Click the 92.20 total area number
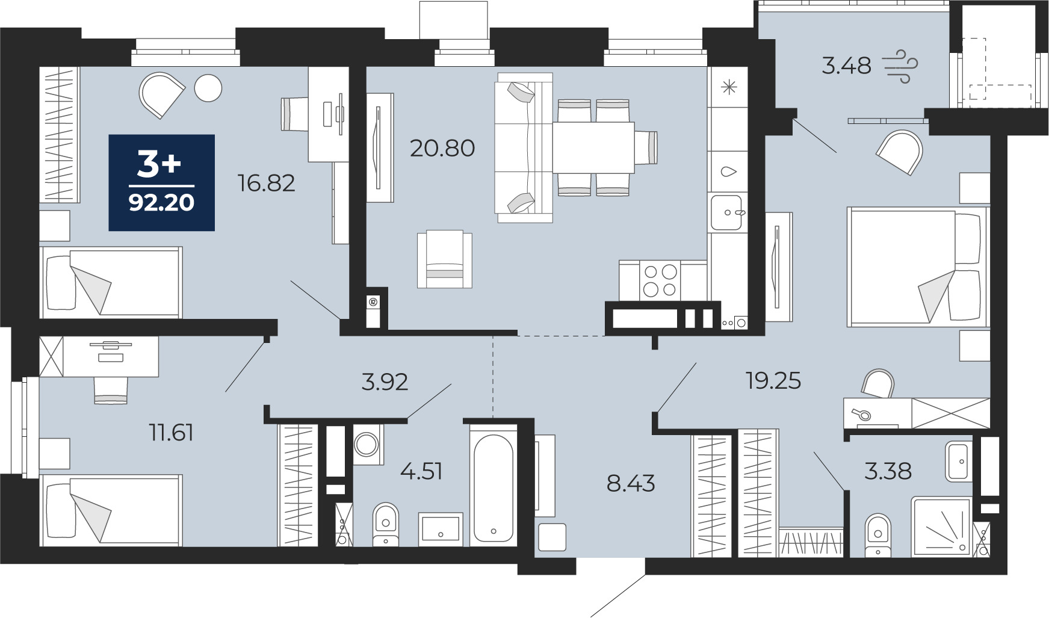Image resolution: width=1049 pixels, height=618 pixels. (161, 203)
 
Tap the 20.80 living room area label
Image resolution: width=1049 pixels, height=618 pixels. (442, 148)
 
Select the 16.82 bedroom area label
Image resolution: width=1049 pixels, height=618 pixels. (267, 183)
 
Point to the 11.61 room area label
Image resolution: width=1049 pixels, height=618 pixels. (172, 433)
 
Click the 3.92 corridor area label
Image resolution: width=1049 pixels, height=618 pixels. (385, 382)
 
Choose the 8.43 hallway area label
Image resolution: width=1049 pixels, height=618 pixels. (631, 483)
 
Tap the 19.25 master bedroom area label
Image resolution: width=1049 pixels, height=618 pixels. (773, 381)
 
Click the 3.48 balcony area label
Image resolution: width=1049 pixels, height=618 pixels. (847, 66)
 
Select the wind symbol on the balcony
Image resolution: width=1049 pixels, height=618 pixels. (900, 66)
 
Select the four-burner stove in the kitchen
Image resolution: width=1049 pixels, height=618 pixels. (660, 280)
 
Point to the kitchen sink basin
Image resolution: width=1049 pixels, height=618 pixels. (726, 212)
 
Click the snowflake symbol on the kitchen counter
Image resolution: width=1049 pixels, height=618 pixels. (729, 88)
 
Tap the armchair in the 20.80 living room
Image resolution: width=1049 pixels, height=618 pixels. (445, 259)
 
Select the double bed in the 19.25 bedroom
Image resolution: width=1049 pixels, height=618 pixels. (917, 267)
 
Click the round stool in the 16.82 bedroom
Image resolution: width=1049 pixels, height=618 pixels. (208, 88)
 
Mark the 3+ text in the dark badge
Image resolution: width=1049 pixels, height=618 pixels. (159, 164)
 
